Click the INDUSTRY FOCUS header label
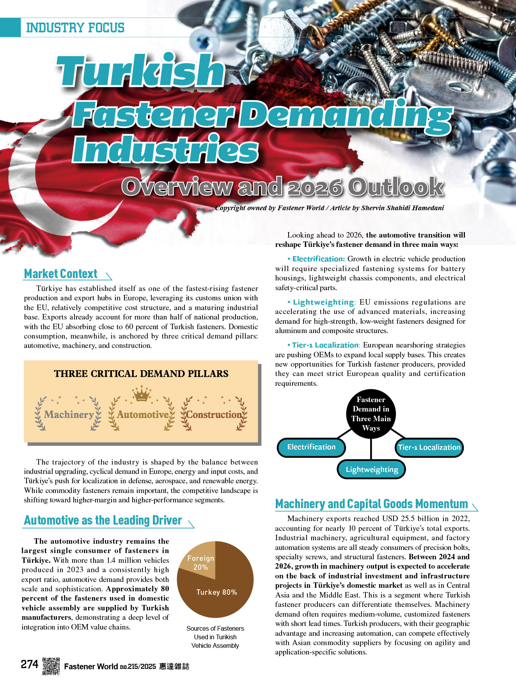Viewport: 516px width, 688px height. [x=75, y=28]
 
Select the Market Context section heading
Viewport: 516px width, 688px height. [x=61, y=274]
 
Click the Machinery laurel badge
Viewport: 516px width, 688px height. [x=68, y=414]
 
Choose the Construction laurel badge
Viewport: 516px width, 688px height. [x=214, y=414]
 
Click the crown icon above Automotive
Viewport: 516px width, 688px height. [x=142, y=394]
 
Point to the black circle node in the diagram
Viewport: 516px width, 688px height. [x=371, y=414]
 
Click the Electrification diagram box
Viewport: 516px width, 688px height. [x=311, y=447]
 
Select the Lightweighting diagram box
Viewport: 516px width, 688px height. [x=372, y=469]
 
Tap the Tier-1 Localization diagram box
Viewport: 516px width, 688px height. [x=429, y=447]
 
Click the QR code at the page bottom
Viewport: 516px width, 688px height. [x=51, y=666]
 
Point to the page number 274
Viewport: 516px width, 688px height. [x=30, y=664]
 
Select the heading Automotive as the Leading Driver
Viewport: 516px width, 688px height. [x=103, y=520]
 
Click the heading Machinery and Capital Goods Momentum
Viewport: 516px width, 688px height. [x=371, y=504]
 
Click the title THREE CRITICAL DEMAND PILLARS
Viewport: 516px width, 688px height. [x=141, y=374]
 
